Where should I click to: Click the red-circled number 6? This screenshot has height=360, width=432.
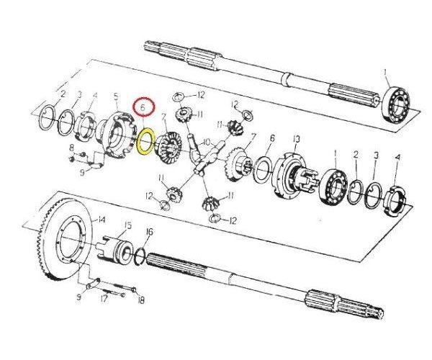143,108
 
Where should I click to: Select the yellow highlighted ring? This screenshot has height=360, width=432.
144,140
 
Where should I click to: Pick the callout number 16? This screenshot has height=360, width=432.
149,231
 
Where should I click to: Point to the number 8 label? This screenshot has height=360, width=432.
71,148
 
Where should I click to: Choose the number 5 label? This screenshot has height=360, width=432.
115,96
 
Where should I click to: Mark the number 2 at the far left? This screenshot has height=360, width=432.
63,94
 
